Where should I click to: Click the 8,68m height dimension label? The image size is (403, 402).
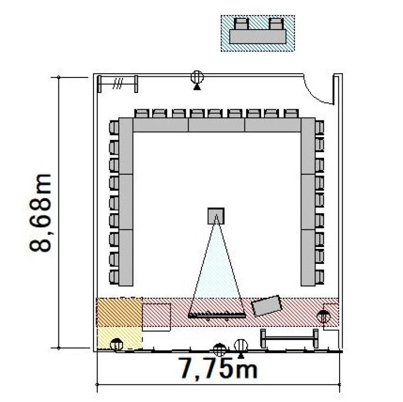click(x=40, y=213)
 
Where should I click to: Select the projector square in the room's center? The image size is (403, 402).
click(x=216, y=216)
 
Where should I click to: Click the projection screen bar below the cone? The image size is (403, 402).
click(x=217, y=315)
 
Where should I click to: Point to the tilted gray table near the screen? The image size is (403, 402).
click(x=266, y=306)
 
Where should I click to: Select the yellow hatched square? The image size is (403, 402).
click(x=119, y=338)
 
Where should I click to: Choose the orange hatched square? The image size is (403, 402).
click(x=119, y=312)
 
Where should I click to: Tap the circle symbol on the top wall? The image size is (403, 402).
click(x=197, y=77)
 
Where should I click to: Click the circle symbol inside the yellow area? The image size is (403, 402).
click(x=117, y=344)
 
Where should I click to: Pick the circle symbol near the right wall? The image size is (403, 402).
click(x=323, y=317)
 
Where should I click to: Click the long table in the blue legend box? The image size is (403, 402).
click(x=257, y=37)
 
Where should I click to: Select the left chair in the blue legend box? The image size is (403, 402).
click(x=241, y=24)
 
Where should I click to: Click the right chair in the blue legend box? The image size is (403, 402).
click(x=276, y=24)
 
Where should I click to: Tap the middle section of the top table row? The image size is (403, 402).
click(x=217, y=125)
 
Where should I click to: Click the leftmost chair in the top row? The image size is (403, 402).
click(x=142, y=113)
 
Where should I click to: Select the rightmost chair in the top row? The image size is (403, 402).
click(x=291, y=113)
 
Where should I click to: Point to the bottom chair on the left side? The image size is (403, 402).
click(x=114, y=277)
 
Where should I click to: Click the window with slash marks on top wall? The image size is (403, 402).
click(x=118, y=84)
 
